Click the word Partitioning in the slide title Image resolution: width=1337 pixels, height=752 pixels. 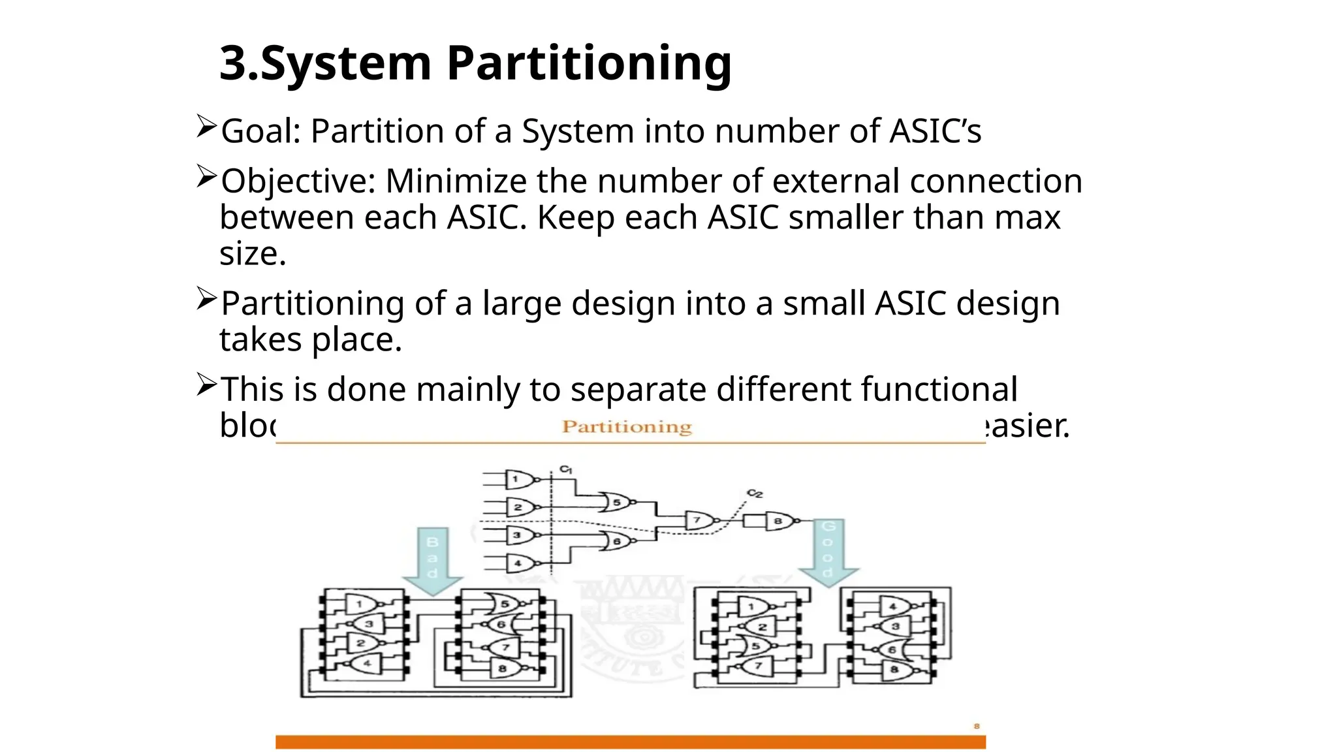click(589, 63)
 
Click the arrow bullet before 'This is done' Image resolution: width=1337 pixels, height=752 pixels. click(206, 385)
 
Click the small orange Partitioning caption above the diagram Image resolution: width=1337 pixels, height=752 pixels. click(627, 427)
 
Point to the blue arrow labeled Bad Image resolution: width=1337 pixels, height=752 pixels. click(432, 560)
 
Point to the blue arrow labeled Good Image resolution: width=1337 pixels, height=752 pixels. click(828, 552)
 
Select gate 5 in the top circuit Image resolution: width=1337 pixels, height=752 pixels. click(616, 503)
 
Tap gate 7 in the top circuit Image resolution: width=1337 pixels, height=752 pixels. click(698, 521)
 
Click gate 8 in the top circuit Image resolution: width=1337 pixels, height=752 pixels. click(779, 521)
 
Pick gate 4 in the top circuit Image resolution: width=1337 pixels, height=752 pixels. click(520, 563)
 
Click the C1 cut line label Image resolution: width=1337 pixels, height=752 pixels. click(565, 469)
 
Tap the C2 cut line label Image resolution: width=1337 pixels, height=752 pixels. click(755, 493)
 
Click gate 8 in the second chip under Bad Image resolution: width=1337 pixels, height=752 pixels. click(503, 668)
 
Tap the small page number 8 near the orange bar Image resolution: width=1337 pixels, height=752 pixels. click(977, 726)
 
